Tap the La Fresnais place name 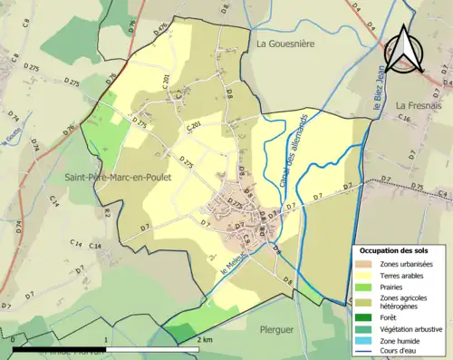(418, 105)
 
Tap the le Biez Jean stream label (378, 96)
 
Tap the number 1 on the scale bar (107, 338)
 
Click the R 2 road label (106, 212)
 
